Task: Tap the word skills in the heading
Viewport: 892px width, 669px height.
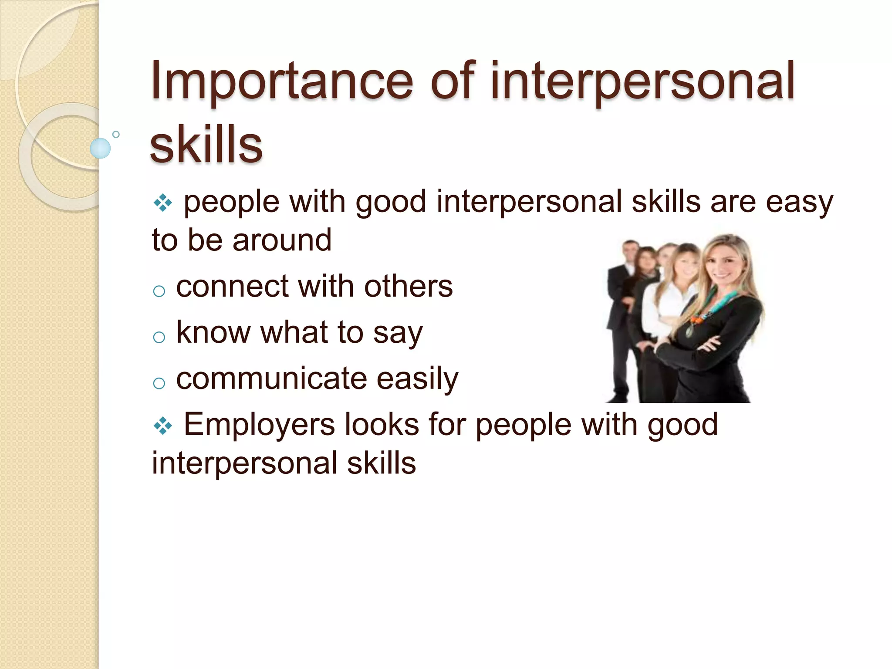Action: click(x=206, y=144)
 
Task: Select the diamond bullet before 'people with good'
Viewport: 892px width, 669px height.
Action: click(x=163, y=203)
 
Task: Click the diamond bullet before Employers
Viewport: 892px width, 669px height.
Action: click(x=163, y=426)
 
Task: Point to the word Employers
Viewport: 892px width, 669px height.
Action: click(x=259, y=425)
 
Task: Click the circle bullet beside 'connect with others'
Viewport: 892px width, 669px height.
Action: click(x=159, y=291)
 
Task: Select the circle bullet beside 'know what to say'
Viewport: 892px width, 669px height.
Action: click(x=159, y=337)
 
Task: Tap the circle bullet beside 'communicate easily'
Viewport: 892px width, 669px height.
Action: click(x=159, y=383)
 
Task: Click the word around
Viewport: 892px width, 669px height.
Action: click(x=282, y=240)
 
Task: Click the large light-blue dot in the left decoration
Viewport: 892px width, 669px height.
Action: click(x=100, y=148)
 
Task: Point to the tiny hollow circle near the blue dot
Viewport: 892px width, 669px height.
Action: click(x=116, y=134)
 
